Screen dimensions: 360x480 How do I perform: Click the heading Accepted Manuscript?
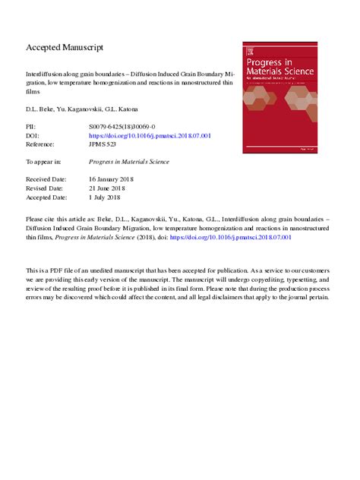coord(65,48)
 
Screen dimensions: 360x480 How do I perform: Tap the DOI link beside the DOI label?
coord(150,135)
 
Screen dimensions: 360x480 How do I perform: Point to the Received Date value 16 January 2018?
coord(117,180)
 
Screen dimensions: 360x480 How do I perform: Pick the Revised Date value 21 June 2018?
coord(112,188)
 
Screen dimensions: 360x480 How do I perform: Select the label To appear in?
coord(43,162)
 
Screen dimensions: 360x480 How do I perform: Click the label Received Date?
coord(46,180)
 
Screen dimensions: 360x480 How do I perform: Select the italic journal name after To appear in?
coord(129,162)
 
